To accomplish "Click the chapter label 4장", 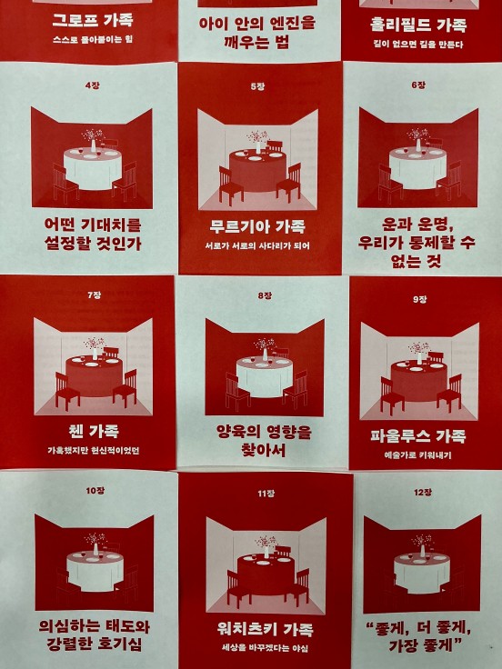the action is pos(92,85).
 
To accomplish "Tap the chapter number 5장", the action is pos(257,86).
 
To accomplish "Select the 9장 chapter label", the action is pos(420,300).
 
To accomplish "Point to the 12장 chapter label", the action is pos(423,493).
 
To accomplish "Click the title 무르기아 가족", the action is pos(257,226).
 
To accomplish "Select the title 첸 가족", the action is pos(94,431).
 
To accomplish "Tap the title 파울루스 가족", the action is pos(418,435).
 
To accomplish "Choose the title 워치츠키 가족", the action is pos(265,629).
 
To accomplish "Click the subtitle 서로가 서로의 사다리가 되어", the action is pos(257,245).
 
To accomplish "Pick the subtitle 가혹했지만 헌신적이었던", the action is pos(94,451).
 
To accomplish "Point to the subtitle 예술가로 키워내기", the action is pos(418,455).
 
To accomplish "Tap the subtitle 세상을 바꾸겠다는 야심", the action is pos(265,648).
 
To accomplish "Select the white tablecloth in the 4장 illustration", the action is pos(93,168).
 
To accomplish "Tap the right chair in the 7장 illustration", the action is pos(125,389).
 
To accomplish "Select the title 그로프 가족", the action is pos(93,20).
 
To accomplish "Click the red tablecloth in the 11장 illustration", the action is pos(266,574).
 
